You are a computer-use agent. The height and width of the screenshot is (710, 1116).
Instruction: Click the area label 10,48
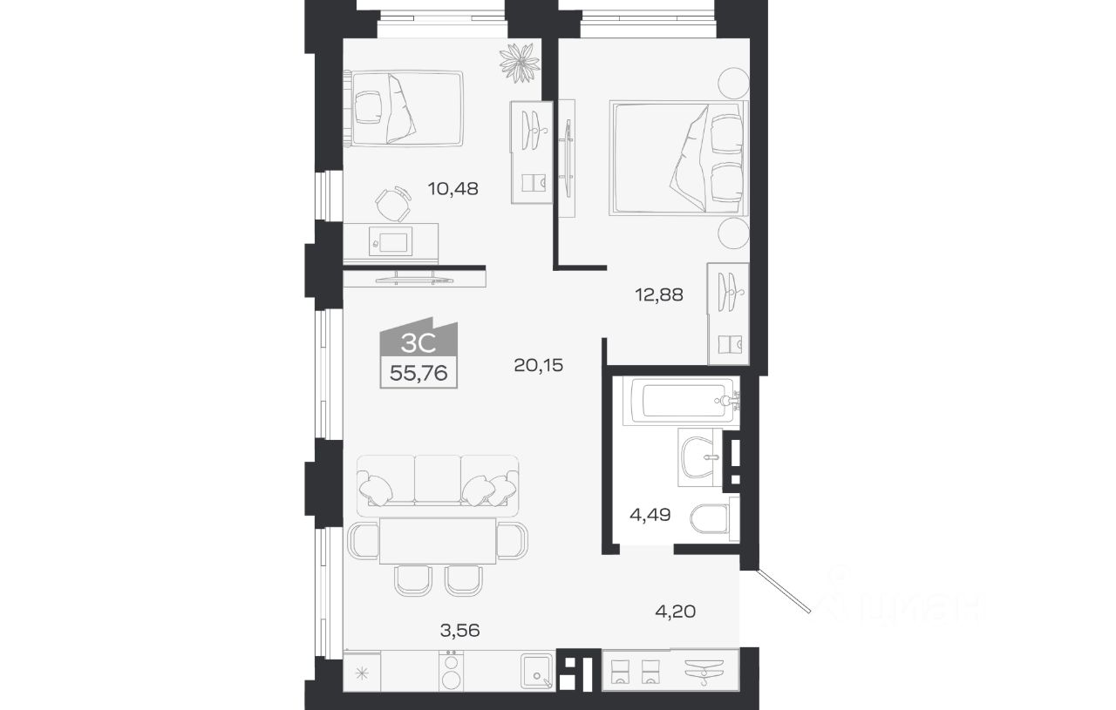(453, 189)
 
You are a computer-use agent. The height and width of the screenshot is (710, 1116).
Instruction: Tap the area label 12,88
(659, 294)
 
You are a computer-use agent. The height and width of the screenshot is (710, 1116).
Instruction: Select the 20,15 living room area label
(538, 366)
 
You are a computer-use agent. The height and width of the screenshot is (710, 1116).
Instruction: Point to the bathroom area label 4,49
(650, 514)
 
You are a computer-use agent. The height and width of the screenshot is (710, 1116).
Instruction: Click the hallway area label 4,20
(676, 611)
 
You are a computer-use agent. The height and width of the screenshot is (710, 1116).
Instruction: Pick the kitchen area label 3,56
(459, 631)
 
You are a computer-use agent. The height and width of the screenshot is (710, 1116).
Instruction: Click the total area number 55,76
(418, 373)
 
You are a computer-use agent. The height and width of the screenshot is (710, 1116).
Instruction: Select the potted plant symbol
(520, 63)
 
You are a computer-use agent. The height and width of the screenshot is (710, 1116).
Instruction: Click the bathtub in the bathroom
(681, 402)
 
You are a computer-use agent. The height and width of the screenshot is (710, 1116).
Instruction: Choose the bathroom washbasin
(700, 457)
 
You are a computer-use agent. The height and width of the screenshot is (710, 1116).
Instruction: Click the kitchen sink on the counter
(537, 672)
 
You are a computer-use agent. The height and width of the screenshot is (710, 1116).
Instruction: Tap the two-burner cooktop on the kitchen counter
(452, 670)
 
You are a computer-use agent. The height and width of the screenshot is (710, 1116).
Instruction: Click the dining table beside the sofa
(438, 541)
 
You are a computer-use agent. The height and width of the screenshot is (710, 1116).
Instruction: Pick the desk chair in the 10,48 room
(393, 204)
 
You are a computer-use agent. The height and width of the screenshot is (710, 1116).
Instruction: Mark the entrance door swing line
(783, 591)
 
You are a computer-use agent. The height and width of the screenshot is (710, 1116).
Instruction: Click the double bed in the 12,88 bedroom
(678, 159)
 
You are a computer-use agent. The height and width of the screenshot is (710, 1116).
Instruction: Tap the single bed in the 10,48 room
(404, 109)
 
